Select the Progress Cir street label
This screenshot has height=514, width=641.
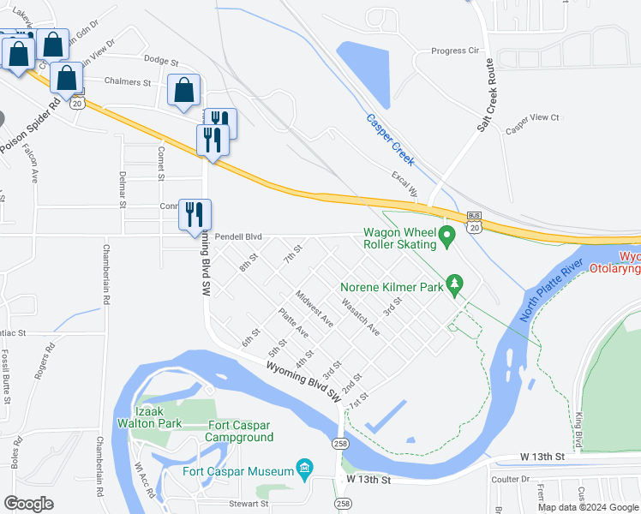[455, 51]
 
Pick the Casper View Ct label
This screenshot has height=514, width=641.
[531, 117]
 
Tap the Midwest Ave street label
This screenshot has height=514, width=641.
[314, 308]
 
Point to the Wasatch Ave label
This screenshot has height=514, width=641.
[360, 316]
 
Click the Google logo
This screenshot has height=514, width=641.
[28, 504]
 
